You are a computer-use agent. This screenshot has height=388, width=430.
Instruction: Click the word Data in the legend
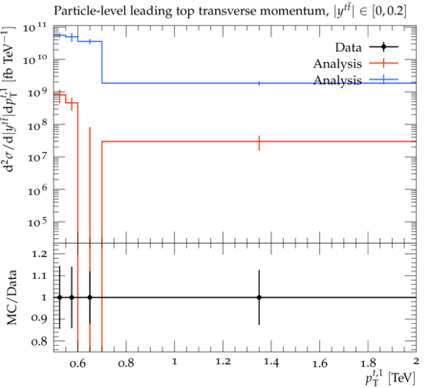pos(348,48)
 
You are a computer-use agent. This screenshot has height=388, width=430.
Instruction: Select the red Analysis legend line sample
pos(384,63)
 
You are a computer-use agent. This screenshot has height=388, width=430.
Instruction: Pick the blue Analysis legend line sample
pos(384,79)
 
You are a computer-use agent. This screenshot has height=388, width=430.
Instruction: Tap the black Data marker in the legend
pos(384,47)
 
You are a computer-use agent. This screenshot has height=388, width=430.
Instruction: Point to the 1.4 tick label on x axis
pos(271,362)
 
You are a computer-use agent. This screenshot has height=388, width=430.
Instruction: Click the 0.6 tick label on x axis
pos(77,362)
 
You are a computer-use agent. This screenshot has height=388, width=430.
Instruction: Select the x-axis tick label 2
pos(416,361)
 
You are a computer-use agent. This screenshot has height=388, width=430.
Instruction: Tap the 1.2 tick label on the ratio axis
pos(40,254)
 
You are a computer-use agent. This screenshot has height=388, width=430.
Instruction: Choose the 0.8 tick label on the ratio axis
pos(40,341)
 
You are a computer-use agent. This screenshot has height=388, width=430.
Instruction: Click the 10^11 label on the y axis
pos(34,28)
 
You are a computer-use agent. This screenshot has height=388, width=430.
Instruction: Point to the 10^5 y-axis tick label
pos(37,222)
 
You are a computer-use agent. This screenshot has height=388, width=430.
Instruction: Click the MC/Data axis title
pos(11,297)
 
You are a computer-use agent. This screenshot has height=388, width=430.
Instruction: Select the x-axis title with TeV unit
pos(390,377)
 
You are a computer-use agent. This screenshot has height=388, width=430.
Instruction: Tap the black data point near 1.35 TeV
pos(259,297)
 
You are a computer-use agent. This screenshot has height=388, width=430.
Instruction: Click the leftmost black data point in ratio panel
pos(59,297)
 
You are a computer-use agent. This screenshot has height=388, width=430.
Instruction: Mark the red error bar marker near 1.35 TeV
pos(259,143)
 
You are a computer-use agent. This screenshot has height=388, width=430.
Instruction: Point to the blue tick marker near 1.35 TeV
pos(259,83)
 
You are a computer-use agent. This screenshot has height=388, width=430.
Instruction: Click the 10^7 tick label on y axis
pos(37,157)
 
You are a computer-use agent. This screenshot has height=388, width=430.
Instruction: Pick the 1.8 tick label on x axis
pos(368,362)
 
